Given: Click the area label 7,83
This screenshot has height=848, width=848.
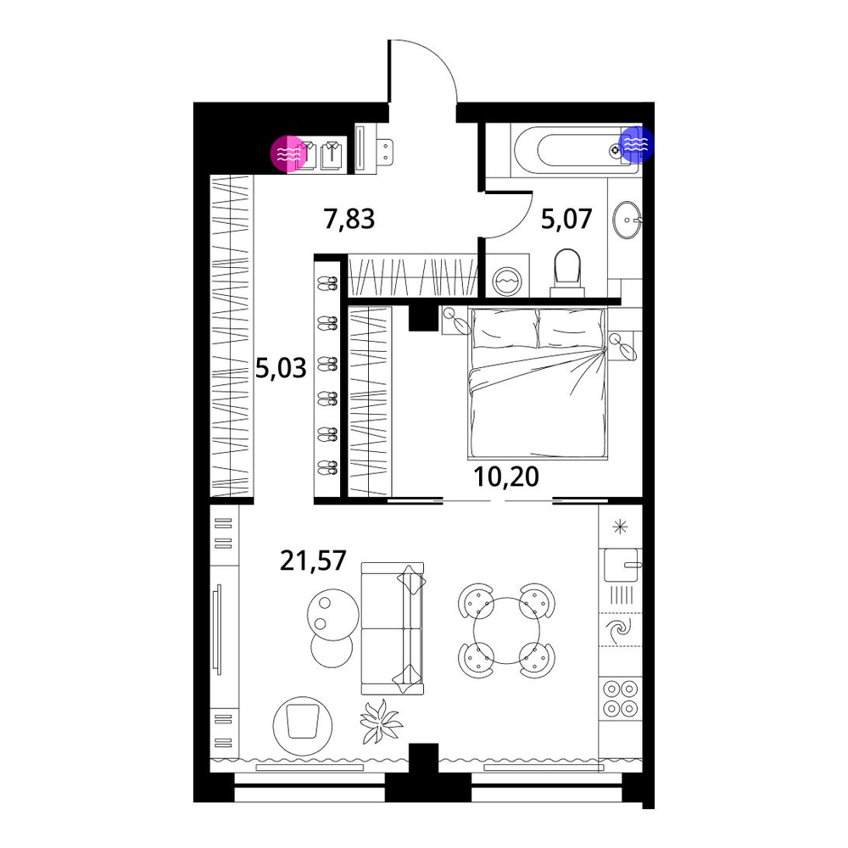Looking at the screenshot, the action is point(349,220).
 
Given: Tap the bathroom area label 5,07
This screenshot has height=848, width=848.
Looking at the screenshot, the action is point(566,220).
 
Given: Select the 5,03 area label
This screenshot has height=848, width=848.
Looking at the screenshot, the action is point(281,369).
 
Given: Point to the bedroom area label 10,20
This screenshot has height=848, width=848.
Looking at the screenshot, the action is point(506,477).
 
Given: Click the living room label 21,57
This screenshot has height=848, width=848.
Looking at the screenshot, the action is point(313,561).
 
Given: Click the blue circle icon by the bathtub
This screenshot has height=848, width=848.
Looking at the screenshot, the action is point(637,144).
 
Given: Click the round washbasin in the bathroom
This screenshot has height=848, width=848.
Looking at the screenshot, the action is point(627,220).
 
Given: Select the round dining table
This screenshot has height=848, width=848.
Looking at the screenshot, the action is point(506,630).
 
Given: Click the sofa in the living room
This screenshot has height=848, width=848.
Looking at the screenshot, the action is point(393,628).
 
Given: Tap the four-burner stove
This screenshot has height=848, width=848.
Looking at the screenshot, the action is point(621,698).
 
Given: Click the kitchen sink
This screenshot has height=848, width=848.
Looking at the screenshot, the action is point(622,565).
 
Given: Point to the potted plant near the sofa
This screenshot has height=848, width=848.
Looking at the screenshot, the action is point(382,721).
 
